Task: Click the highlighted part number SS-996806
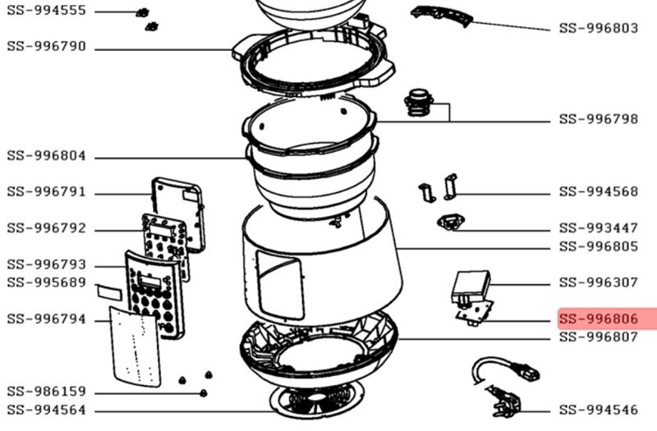(x=599, y=319)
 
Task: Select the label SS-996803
(x=599, y=28)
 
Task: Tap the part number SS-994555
(x=47, y=11)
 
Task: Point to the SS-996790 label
(x=47, y=46)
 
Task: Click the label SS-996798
(x=599, y=119)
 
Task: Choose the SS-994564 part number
(x=47, y=410)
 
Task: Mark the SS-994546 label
(x=599, y=410)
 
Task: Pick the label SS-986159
(x=47, y=392)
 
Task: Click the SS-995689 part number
(x=47, y=282)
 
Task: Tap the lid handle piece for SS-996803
(x=442, y=16)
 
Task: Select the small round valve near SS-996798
(x=419, y=102)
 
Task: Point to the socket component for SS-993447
(x=450, y=222)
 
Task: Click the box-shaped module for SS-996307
(x=471, y=286)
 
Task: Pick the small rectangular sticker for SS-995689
(x=109, y=292)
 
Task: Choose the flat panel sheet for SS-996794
(x=136, y=346)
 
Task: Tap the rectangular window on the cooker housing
(x=280, y=284)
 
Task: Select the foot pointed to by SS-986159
(x=204, y=393)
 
